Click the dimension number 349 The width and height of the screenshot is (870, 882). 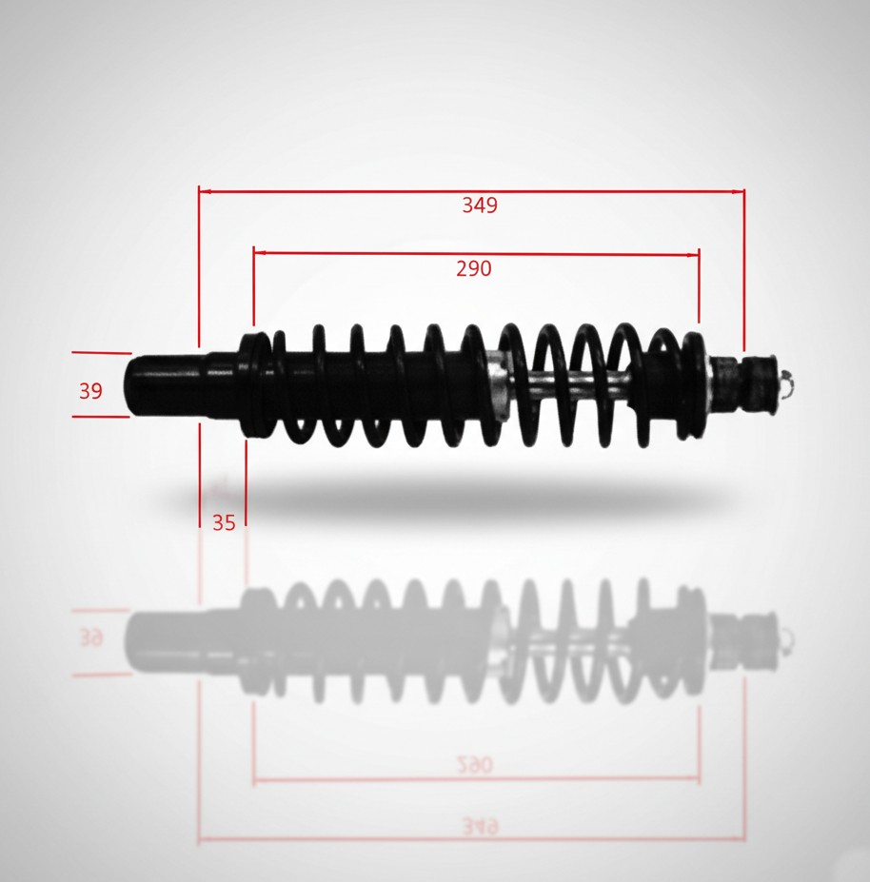(480, 206)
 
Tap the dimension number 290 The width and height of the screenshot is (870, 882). (474, 269)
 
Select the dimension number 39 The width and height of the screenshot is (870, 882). (90, 391)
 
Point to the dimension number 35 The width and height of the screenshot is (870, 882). (224, 523)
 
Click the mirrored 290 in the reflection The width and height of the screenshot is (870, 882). (474, 764)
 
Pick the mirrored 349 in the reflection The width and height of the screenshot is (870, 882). (480, 826)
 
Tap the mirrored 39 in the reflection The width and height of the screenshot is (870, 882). (90, 638)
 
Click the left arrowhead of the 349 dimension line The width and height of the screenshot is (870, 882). (205, 191)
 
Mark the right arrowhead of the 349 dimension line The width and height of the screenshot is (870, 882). (738, 191)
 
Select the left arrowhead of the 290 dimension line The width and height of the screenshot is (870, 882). (260, 253)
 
